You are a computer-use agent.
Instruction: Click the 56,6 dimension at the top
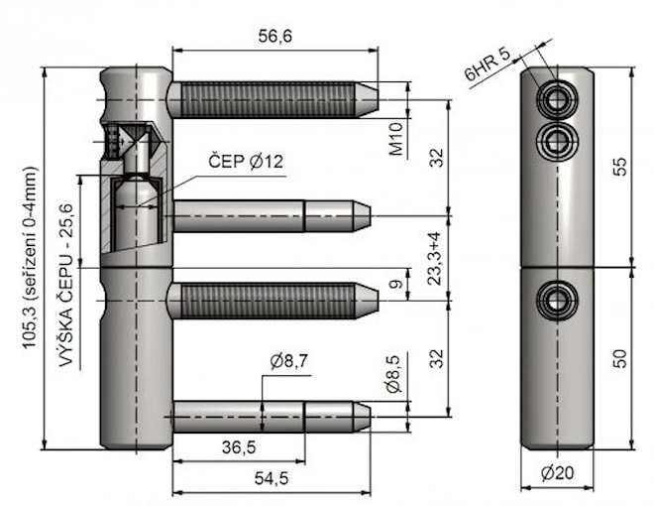pos(274,36)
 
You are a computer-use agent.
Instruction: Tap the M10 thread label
pos(395,141)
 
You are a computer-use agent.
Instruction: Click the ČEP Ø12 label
pos(246,161)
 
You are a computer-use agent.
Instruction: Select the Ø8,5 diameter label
pos(393,373)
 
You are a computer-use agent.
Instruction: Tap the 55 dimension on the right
pos(620,166)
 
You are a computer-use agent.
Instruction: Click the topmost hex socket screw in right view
pos(555,98)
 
